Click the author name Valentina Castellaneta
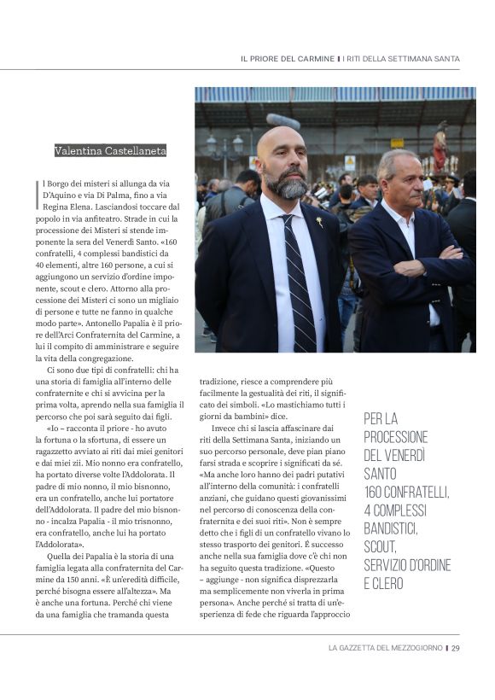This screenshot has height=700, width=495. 110,151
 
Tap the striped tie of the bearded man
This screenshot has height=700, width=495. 300,282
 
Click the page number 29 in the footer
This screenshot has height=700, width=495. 457,648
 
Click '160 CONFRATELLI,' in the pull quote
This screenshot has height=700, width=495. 406,492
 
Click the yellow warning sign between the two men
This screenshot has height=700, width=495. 350,160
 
